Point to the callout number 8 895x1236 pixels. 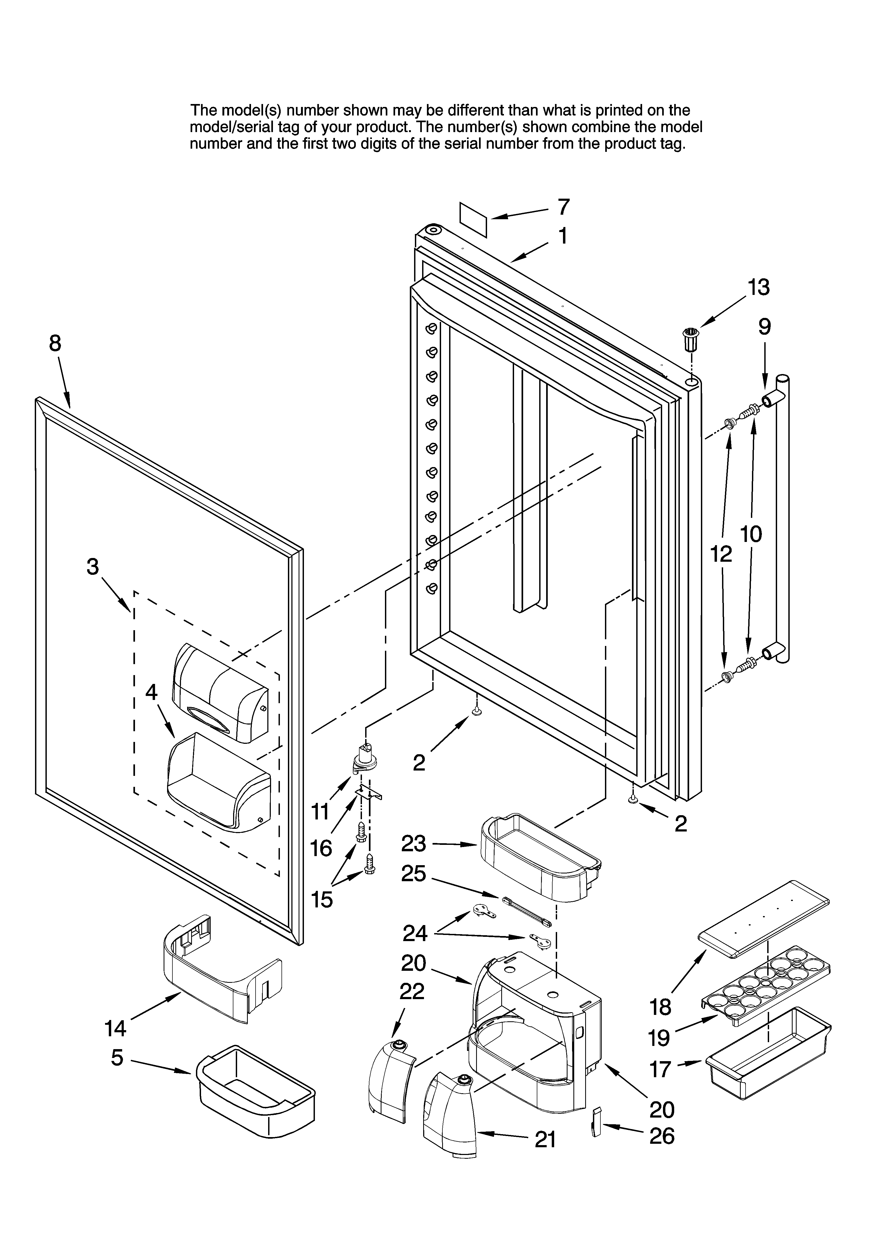pyautogui.click(x=55, y=343)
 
